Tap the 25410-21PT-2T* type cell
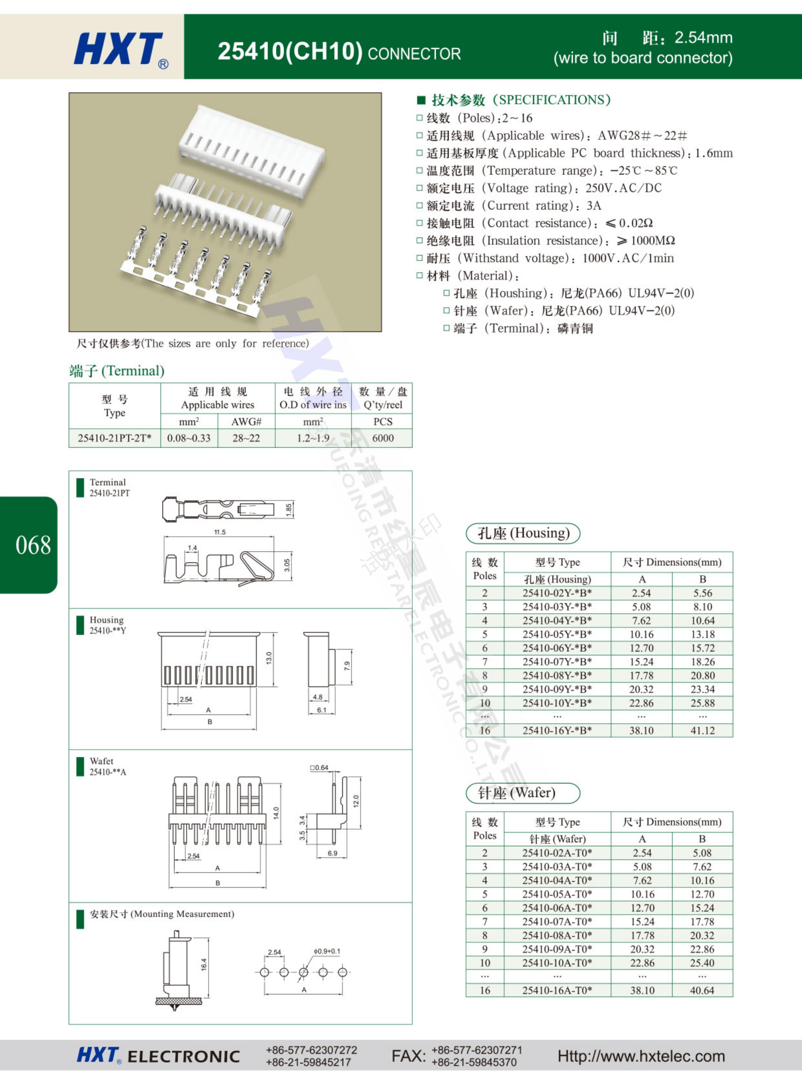[115, 438]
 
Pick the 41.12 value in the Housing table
[703, 730]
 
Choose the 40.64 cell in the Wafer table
[702, 990]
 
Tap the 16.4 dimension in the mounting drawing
[204, 964]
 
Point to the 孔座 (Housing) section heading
[523, 533]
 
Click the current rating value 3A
[594, 205]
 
